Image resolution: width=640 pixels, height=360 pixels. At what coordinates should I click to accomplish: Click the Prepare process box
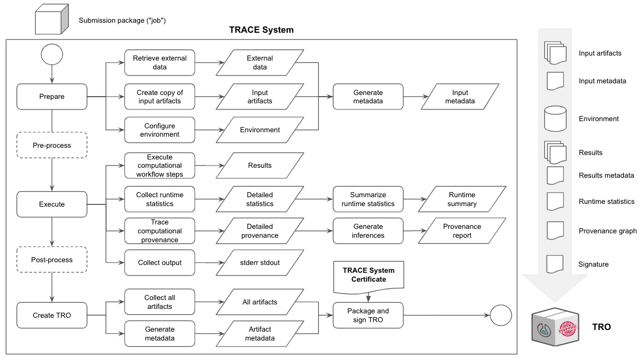tap(52, 97)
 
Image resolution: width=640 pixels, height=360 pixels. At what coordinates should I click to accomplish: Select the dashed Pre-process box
tap(52, 146)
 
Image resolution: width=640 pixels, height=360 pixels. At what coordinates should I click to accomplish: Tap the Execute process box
tap(52, 204)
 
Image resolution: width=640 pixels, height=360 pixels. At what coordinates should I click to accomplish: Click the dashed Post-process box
tap(52, 259)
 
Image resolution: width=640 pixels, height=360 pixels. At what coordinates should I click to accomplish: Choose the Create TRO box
tap(52, 315)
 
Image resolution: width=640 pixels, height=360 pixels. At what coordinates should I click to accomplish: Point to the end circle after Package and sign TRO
tap(501, 315)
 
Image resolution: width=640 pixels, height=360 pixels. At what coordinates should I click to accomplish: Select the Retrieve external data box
tap(160, 63)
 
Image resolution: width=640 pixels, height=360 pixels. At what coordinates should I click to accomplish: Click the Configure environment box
tap(160, 130)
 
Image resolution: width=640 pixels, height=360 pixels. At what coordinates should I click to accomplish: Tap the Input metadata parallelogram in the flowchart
tap(460, 97)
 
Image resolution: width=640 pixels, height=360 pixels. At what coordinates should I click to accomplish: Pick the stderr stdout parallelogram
tap(260, 263)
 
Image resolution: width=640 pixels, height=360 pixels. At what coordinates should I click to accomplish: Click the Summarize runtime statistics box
tap(368, 199)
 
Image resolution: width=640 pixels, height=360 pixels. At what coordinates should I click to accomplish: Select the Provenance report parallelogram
tap(462, 231)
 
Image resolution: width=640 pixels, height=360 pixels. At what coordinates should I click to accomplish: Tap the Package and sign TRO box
tap(368, 315)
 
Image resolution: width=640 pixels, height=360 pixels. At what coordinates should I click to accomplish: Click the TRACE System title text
tap(261, 30)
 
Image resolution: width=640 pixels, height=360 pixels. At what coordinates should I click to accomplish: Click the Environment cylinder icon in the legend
tap(556, 118)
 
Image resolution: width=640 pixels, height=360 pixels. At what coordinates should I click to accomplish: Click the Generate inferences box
tap(368, 231)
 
